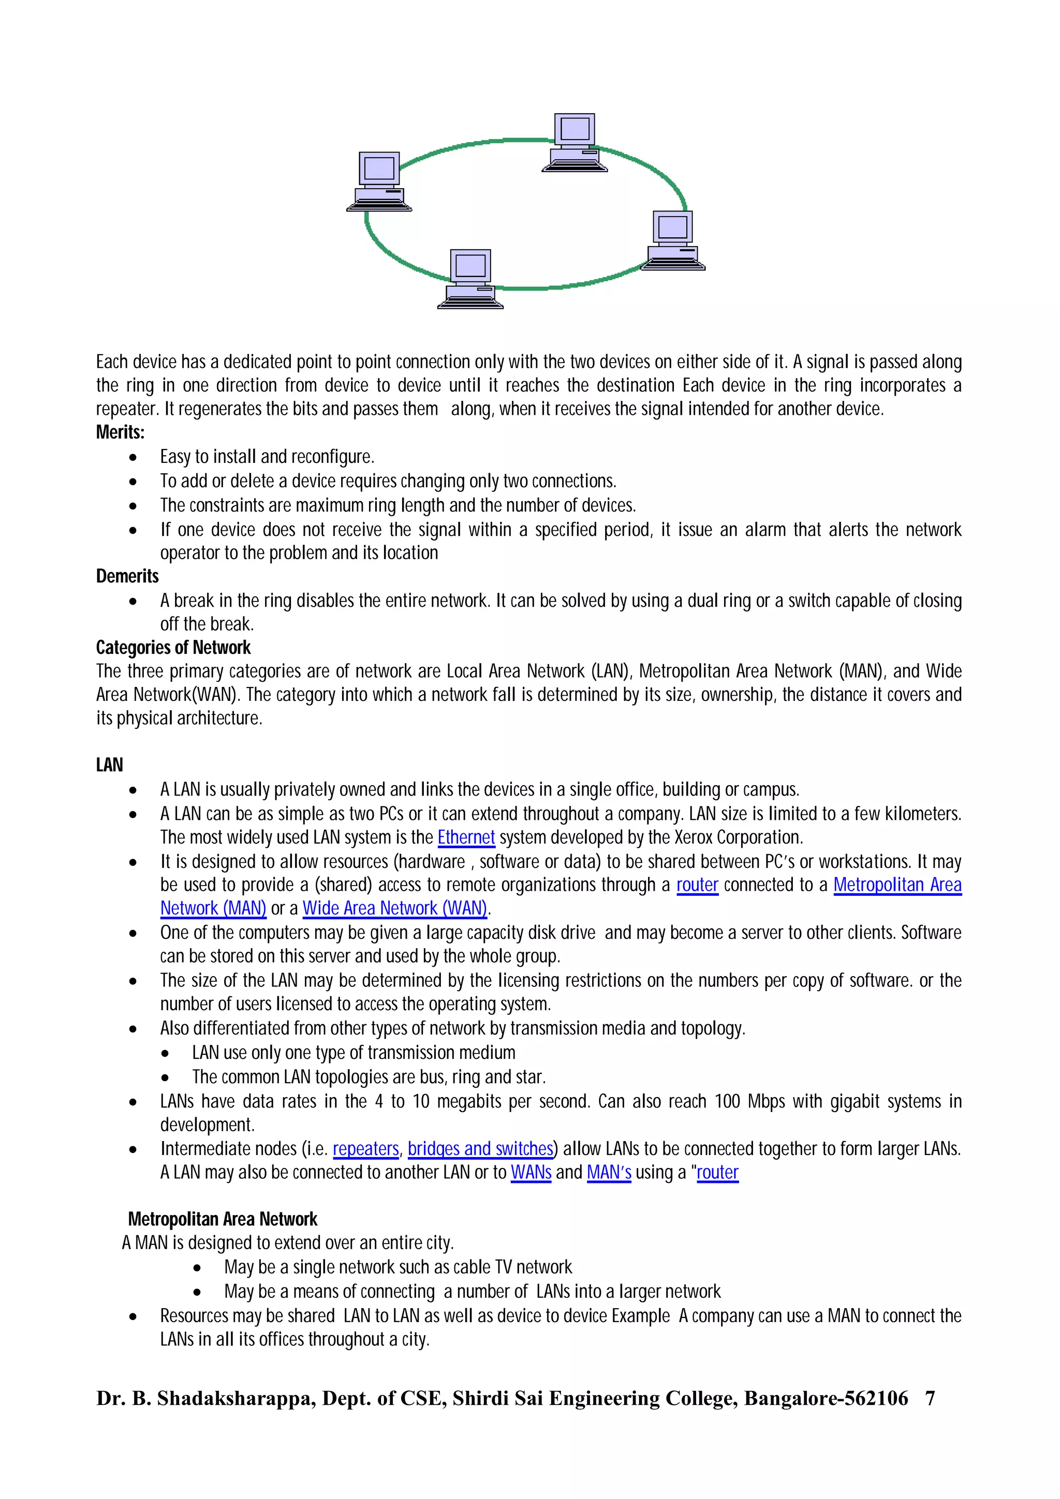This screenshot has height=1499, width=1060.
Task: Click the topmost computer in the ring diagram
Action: [575, 142]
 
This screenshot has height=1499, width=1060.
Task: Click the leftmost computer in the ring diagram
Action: [379, 182]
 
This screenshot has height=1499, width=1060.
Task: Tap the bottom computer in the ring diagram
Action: [470, 279]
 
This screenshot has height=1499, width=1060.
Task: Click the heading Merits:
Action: [120, 432]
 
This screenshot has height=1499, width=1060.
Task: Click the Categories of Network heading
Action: [173, 648]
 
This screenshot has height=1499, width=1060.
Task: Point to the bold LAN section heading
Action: [109, 765]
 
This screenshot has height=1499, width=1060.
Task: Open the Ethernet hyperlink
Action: [466, 837]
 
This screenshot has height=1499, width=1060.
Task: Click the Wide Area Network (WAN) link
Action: [395, 908]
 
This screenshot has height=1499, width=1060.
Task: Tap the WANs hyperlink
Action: [531, 1172]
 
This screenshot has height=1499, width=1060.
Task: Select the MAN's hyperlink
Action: [609, 1172]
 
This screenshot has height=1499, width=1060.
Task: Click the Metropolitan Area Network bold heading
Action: [222, 1219]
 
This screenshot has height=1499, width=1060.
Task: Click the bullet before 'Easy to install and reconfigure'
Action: [133, 457]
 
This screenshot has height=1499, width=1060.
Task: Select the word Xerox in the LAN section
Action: [694, 837]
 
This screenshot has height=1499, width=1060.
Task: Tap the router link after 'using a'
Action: [717, 1172]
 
